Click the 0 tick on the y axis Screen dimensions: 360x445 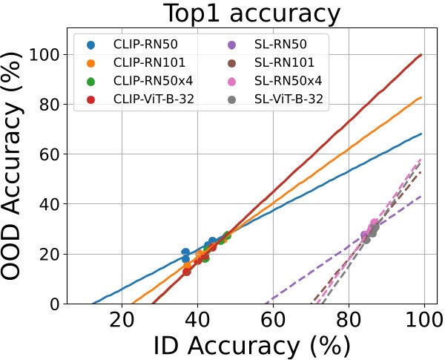coord(56,304)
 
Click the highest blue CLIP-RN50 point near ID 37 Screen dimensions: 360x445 coord(185,252)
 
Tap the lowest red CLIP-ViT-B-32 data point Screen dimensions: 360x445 coord(187,272)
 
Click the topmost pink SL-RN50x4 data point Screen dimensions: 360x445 coord(375,223)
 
